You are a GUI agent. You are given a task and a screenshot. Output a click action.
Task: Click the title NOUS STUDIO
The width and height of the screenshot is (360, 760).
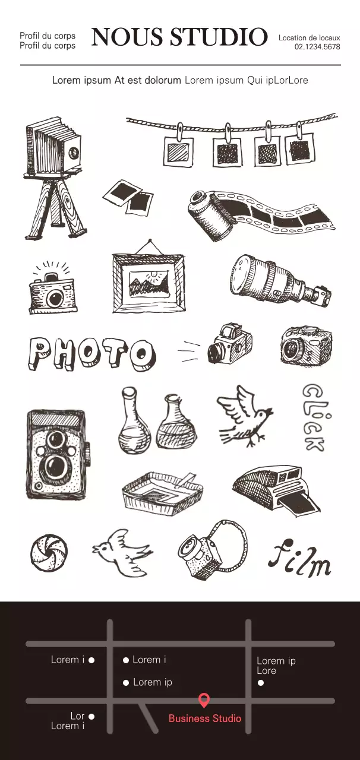click(x=179, y=37)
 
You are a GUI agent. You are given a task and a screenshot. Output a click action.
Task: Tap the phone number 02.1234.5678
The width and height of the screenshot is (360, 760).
click(x=317, y=47)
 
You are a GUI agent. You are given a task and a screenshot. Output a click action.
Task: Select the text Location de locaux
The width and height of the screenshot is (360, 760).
click(x=309, y=37)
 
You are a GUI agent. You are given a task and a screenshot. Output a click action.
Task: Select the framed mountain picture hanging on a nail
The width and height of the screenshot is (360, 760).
click(x=149, y=279)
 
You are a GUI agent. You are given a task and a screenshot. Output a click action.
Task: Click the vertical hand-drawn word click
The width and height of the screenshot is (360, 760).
click(x=313, y=417)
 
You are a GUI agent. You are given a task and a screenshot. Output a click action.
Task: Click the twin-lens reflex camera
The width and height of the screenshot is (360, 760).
click(x=56, y=454)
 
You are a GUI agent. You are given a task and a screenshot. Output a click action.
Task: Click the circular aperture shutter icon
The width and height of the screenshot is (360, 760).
click(x=49, y=552)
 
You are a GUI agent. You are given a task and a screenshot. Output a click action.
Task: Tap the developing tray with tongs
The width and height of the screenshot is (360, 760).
click(x=162, y=490)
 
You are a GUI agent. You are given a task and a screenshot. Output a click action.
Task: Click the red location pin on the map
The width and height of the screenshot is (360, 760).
click(x=204, y=700)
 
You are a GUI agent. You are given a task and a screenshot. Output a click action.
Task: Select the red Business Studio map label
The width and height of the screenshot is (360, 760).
click(x=205, y=718)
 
